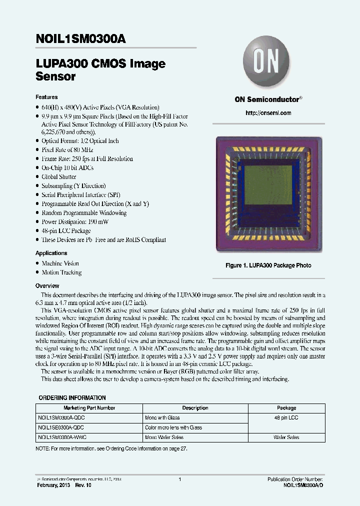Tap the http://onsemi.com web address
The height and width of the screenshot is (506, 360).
pos(268,113)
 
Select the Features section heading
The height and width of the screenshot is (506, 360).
pos(46,97)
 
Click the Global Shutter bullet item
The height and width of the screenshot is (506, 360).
pos(58,176)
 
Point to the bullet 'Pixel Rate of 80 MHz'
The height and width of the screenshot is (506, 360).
pos(67,149)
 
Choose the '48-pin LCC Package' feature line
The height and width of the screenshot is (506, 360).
pos(66,230)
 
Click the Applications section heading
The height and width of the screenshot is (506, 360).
pos(51,253)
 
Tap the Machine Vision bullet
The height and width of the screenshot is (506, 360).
pos(60,263)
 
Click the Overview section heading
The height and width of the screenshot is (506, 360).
pos(47,285)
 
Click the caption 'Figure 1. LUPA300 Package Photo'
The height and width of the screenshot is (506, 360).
pos(268,265)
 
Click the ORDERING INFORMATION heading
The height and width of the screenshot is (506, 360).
pos(72,398)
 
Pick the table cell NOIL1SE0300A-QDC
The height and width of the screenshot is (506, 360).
pos(60,427)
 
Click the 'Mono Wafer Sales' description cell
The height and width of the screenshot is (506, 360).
pos(164,437)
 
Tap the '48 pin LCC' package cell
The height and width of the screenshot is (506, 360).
pos(286,417)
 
